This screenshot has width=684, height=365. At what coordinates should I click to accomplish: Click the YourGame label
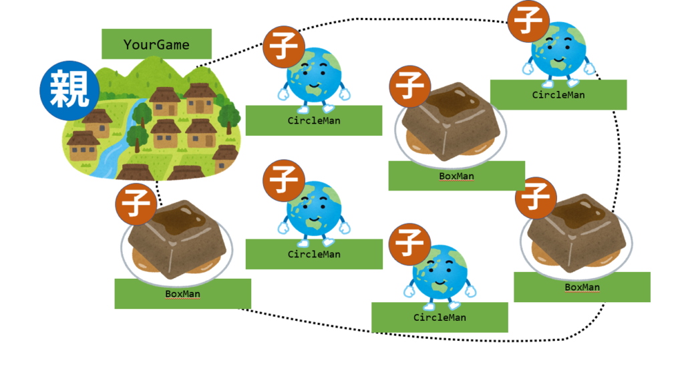click(x=156, y=45)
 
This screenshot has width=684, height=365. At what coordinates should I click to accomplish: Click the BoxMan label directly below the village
click(x=182, y=293)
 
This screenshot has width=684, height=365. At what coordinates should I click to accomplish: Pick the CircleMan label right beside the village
click(x=313, y=120)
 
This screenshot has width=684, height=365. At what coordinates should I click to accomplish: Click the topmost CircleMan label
click(x=558, y=94)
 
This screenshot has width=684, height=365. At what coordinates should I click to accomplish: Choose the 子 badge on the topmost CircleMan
click(x=529, y=21)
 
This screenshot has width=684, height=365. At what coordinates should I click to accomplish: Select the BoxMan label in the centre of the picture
click(x=456, y=176)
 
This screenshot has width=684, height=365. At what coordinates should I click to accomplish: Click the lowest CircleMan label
click(x=440, y=317)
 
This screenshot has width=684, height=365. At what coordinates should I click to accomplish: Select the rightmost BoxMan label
click(x=582, y=287)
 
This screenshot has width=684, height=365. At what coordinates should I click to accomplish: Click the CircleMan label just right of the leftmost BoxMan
click(x=314, y=254)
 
